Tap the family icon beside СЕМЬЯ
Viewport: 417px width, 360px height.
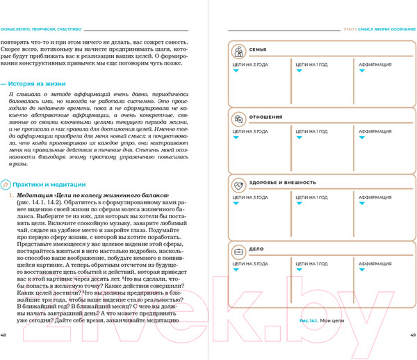coord(238,51)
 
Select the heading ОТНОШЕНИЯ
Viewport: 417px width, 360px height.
coord(269,117)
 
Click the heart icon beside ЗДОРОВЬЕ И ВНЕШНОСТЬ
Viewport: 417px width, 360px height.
coord(238,183)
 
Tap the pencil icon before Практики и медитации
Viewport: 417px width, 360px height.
coord(6,184)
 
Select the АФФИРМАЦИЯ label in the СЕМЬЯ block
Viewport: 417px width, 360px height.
coord(375,64)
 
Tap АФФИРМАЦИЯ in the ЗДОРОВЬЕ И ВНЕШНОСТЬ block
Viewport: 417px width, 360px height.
coord(375,197)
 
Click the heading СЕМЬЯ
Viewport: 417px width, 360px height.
coord(258,51)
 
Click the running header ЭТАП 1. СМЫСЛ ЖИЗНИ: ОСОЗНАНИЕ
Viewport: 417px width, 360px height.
coord(380,29)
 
